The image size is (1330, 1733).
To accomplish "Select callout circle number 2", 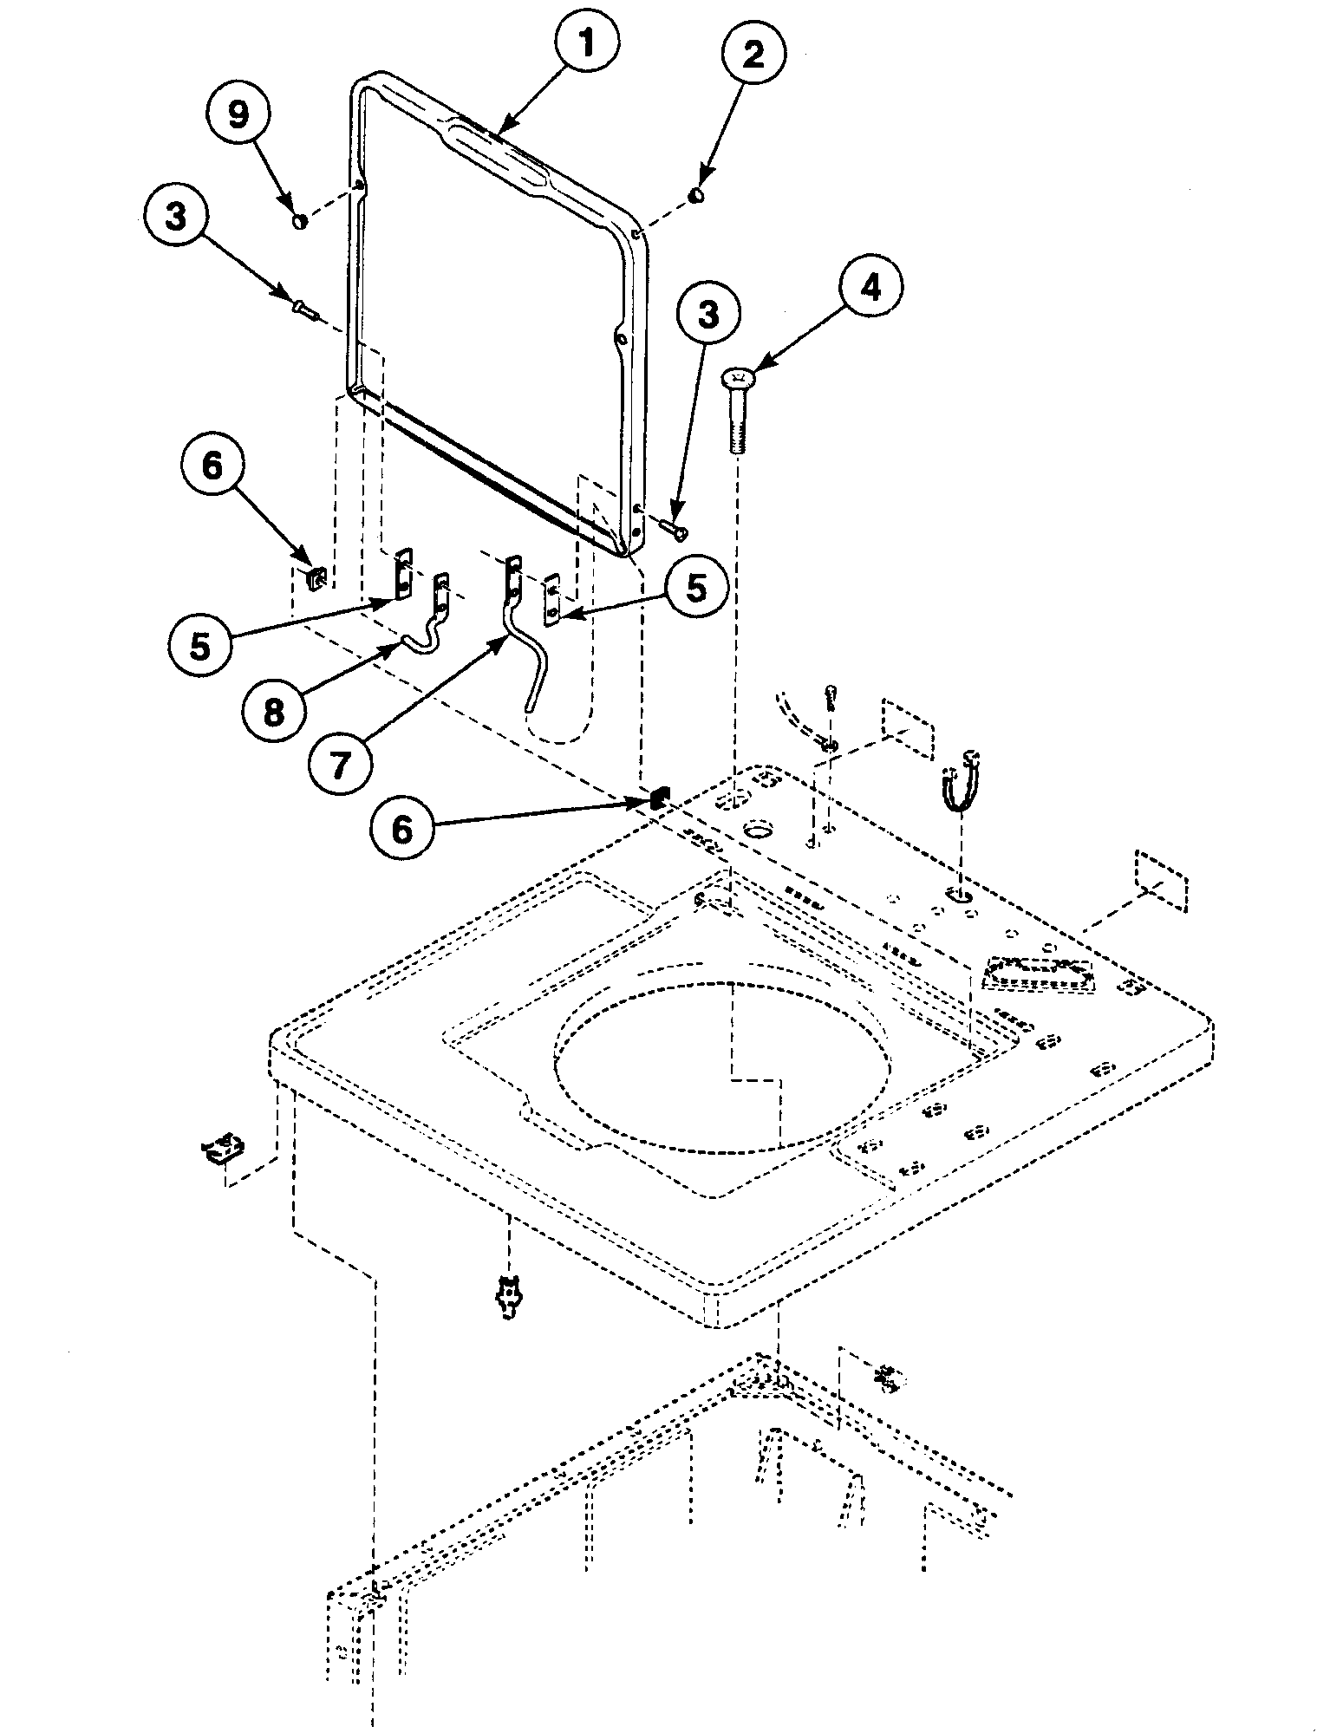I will (x=753, y=57).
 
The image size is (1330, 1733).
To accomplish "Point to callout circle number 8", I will (x=274, y=713).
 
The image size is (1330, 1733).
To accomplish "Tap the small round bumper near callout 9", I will (x=300, y=221).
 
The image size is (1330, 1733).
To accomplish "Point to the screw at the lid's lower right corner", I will (x=672, y=526).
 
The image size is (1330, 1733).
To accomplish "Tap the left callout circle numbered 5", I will (x=201, y=646).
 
